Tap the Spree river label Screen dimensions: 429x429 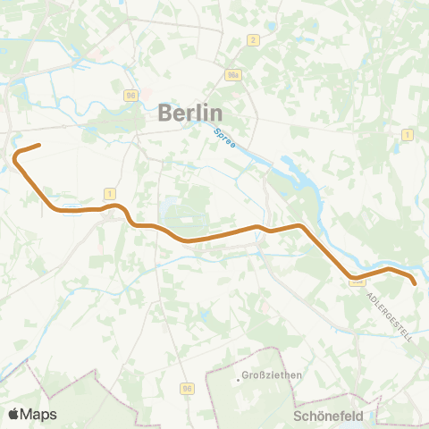pyautogui.click(x=224, y=142)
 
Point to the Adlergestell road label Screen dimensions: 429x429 pyautogui.click(x=390, y=316)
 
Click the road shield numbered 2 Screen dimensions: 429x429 pyautogui.click(x=255, y=40)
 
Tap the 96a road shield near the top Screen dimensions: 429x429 pyautogui.click(x=233, y=75)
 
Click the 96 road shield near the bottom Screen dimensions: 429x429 pyautogui.click(x=187, y=389)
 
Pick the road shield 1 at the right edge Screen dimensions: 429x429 pyautogui.click(x=407, y=135)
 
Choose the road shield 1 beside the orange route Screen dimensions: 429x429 pyautogui.click(x=109, y=193)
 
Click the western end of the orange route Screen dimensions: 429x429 pyautogui.click(x=39, y=145)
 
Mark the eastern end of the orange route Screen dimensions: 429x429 pyautogui.click(x=415, y=283)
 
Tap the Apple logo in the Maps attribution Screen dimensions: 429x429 pyautogui.click(x=13, y=414)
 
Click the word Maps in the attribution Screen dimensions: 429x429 pyautogui.click(x=38, y=414)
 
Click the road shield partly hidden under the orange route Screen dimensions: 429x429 pyautogui.click(x=357, y=282)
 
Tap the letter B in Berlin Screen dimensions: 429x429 pyautogui.click(x=165, y=114)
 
